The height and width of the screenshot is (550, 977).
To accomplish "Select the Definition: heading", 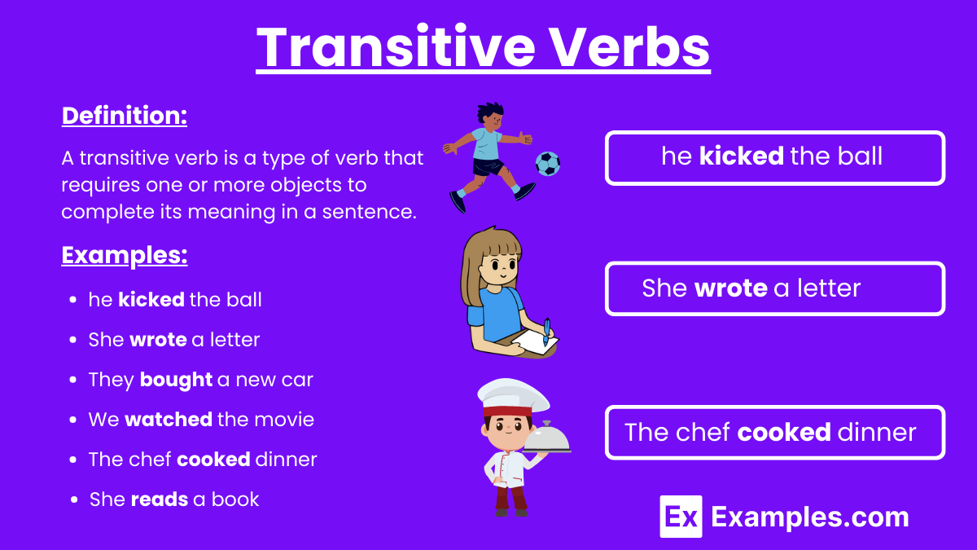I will point(125,116).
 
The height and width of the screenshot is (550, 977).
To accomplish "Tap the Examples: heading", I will point(125,256).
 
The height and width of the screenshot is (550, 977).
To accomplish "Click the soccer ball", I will point(547,164).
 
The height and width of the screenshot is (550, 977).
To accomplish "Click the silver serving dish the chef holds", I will point(546,438).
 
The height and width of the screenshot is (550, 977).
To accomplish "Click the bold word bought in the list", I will point(176,380).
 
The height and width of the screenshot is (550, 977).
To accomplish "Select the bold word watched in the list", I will point(168,420).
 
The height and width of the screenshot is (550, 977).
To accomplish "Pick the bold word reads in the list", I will point(159,499).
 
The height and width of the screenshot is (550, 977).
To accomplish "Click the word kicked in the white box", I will point(741,156).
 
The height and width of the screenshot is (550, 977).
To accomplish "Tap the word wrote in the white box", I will point(730,288).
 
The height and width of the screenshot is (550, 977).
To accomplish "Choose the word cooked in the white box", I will point(783,432).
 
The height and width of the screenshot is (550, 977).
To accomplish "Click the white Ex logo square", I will point(681,517).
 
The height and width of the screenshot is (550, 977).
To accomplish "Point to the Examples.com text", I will point(809,517).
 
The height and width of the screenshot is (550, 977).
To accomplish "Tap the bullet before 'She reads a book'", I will point(75,499).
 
